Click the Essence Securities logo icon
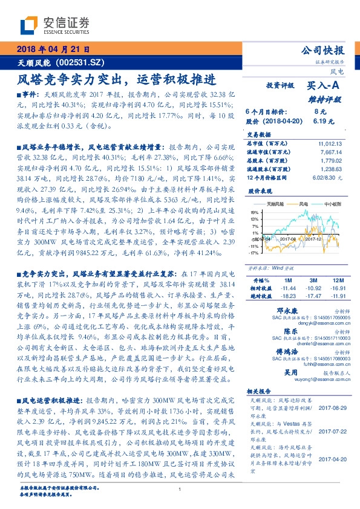(x=29, y=25)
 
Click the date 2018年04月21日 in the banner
(x=53, y=49)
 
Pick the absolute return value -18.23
(x=287, y=296)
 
